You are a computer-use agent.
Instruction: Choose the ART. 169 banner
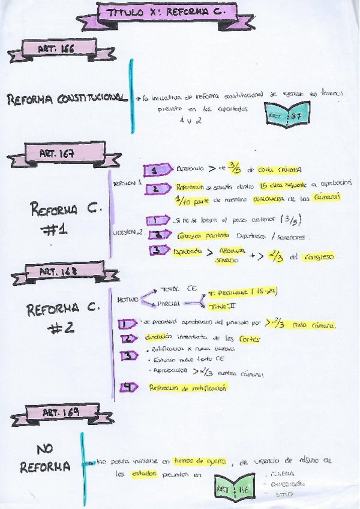click(x=60, y=412)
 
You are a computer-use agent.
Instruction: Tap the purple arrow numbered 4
click(x=128, y=387)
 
